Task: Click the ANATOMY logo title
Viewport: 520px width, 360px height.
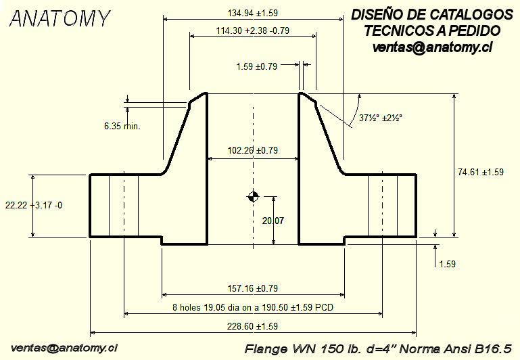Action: [x=59, y=19]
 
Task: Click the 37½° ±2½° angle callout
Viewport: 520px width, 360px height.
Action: [x=381, y=118]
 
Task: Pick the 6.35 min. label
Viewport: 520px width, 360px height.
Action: [x=122, y=126]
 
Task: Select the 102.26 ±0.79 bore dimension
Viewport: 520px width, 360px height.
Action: [x=253, y=150]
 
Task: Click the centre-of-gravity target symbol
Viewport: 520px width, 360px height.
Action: [x=253, y=198]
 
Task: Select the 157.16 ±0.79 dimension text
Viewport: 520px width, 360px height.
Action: [x=253, y=289]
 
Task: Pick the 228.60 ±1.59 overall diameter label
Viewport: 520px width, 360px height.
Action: [x=252, y=326]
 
